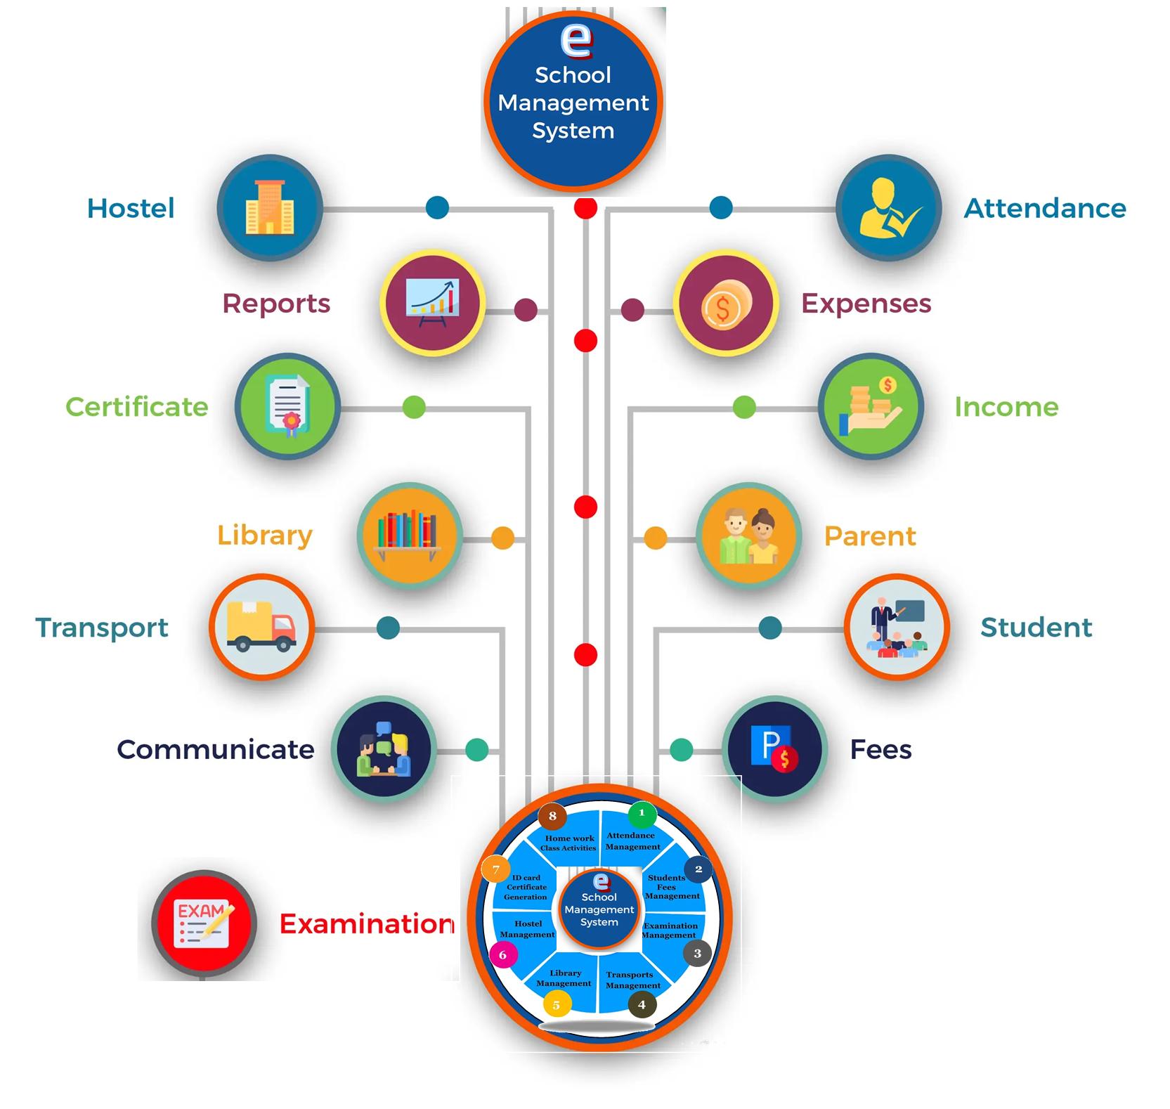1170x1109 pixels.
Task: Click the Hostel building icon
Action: click(270, 208)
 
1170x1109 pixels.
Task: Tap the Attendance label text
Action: click(1044, 208)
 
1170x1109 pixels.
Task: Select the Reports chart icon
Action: click(432, 304)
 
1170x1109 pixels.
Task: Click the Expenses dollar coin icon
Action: click(726, 304)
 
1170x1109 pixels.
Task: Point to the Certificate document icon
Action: click(287, 406)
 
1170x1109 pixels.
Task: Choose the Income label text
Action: click(1006, 407)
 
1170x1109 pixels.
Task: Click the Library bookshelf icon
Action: click(409, 535)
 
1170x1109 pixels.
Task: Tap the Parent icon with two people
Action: click(748, 536)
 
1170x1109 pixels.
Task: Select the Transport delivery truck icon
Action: click(261, 627)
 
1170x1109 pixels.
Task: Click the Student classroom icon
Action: click(896, 627)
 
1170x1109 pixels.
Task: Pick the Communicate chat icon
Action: click(384, 749)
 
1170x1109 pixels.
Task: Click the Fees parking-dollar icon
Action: click(774, 749)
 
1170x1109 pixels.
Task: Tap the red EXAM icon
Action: click(204, 923)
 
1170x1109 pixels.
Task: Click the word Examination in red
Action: click(366, 923)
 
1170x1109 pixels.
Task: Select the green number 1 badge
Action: click(641, 814)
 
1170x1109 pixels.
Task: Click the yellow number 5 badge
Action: click(557, 1005)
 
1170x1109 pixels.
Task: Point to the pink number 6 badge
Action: click(502, 955)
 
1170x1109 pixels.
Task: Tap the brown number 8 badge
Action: click(552, 816)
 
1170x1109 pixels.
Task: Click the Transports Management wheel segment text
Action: click(632, 980)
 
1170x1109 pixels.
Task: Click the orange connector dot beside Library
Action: click(502, 538)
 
